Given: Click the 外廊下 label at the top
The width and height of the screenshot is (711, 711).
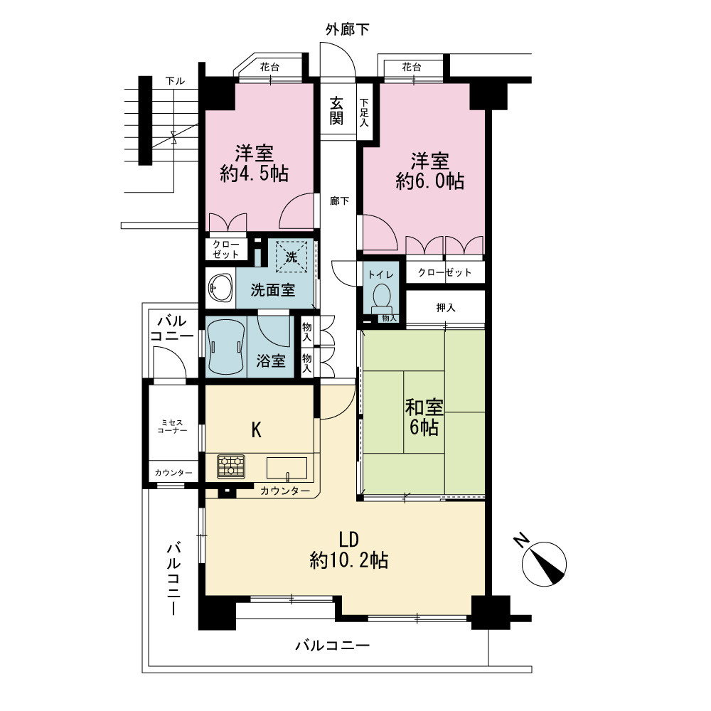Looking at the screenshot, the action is coord(348,29).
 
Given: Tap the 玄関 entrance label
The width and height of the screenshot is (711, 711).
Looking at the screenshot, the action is coord(336,111).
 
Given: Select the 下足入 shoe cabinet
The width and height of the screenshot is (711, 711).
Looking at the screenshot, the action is coord(365,112).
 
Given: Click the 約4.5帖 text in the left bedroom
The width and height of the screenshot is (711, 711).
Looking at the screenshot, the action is coord(254,173).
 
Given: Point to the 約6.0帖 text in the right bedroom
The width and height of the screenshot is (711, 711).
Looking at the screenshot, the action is coord(430,181).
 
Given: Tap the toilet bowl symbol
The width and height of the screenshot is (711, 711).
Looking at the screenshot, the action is coord(381,299).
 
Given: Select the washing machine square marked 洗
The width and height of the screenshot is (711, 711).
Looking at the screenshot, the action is coord(292,257).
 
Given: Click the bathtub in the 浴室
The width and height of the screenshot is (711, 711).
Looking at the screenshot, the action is coord(226,347).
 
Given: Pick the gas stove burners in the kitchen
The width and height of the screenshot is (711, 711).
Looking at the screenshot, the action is coord(231,466).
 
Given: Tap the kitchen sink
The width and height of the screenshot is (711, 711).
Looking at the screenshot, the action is coord(287,468).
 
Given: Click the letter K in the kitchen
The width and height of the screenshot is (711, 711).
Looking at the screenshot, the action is coord(257,430).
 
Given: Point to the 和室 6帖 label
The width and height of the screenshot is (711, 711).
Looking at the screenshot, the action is coord(424,417).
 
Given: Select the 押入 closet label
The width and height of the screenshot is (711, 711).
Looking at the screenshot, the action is coord(445,307).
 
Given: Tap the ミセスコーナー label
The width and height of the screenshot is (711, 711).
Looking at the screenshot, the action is coord(172,426).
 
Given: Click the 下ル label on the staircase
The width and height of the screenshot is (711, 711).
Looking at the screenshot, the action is coord(175,81).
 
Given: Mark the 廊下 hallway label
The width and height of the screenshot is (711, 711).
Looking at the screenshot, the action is coord(340,201).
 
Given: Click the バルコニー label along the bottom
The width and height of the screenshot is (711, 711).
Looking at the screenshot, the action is coord(333,646).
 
